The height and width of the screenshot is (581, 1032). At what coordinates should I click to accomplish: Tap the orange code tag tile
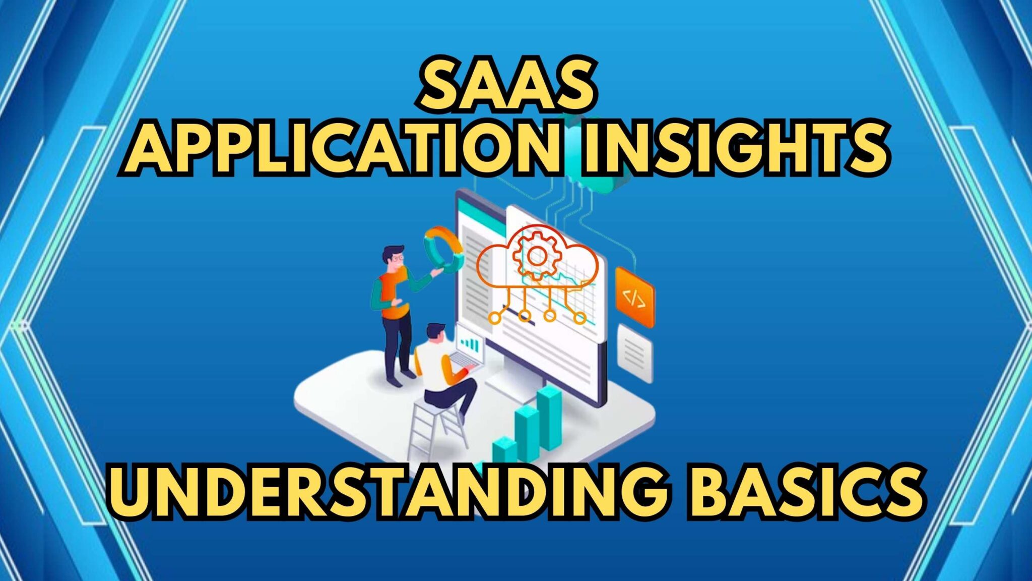tap(634, 298)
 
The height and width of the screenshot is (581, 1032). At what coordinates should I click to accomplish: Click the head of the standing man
tap(393, 257)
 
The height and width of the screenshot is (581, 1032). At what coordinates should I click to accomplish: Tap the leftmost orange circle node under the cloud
tap(495, 317)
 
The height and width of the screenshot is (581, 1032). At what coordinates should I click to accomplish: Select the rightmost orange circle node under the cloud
tap(580, 318)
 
